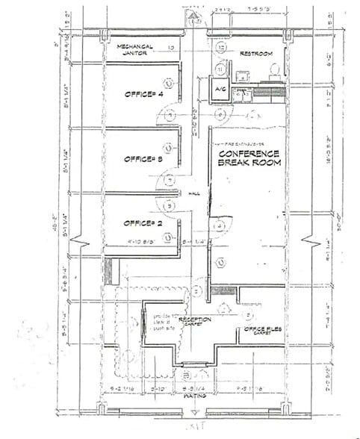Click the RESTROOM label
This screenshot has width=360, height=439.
click(255, 55)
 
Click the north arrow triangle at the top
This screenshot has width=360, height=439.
click(193, 15)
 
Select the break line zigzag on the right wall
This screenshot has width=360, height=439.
click(306, 244)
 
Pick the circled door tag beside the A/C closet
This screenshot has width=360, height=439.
click(217, 114)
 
